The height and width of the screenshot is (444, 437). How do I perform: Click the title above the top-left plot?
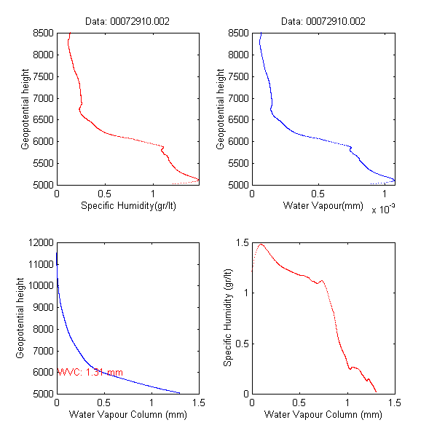pos(127,22)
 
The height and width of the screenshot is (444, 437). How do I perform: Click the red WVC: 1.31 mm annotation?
pos(90,373)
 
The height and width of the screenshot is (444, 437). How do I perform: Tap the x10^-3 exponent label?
pos(384,210)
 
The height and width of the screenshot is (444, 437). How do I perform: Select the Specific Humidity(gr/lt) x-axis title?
pos(127,207)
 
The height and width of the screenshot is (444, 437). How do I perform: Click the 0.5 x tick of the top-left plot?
pos(104,194)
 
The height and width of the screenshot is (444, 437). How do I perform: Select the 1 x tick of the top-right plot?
pos(385,194)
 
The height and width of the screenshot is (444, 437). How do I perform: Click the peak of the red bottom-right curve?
pos(261,245)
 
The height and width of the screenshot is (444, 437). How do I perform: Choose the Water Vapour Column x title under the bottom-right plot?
pos(323,416)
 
